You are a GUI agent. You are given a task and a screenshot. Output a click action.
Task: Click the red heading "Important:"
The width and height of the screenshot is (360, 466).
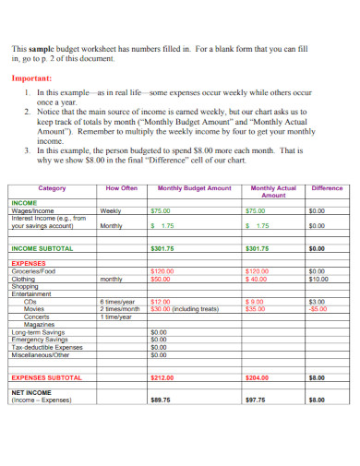click(33, 78)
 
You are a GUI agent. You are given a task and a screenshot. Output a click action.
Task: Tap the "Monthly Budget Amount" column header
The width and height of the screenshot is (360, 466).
click(194, 188)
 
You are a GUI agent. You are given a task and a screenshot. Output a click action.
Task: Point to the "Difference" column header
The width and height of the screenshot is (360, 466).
click(327, 188)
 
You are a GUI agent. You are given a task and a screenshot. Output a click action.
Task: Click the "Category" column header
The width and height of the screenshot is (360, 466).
click(51, 188)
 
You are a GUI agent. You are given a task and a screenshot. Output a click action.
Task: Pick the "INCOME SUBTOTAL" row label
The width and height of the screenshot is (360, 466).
click(42, 248)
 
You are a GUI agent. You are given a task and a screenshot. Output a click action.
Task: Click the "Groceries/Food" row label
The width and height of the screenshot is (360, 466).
click(34, 271)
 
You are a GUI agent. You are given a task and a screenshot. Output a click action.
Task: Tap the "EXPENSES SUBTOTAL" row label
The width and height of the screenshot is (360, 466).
click(46, 377)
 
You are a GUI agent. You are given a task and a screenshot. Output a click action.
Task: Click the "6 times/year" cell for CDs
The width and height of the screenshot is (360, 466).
click(117, 302)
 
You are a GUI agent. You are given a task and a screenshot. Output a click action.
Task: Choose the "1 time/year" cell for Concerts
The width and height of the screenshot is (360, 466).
click(115, 317)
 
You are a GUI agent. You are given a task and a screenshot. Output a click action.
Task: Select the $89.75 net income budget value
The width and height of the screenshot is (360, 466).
click(160, 400)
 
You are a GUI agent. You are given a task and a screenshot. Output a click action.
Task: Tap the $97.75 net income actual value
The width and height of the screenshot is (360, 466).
click(256, 400)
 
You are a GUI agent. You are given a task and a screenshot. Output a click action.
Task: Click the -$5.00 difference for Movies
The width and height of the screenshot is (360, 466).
click(318, 309)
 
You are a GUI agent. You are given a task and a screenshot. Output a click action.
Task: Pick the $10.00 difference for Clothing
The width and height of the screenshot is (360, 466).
click(318, 279)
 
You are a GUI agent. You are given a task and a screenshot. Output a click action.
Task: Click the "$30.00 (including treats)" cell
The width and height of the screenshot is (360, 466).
click(184, 309)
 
